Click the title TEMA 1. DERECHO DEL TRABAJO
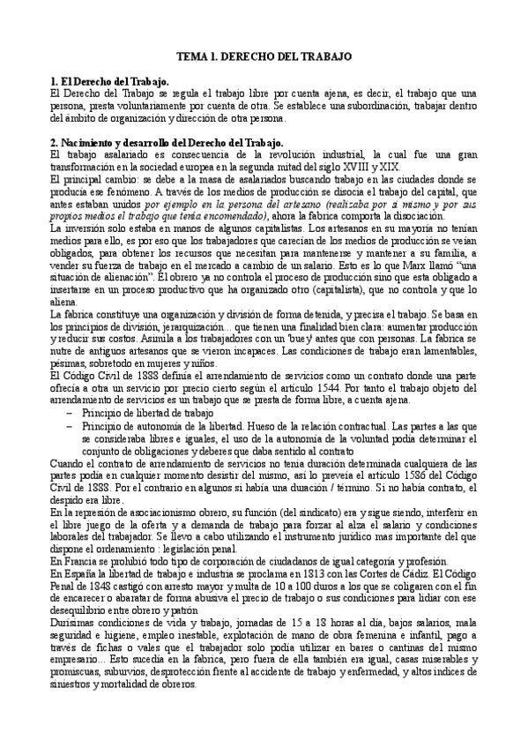[264, 56]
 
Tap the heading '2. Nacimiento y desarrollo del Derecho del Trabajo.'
[167, 141]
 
